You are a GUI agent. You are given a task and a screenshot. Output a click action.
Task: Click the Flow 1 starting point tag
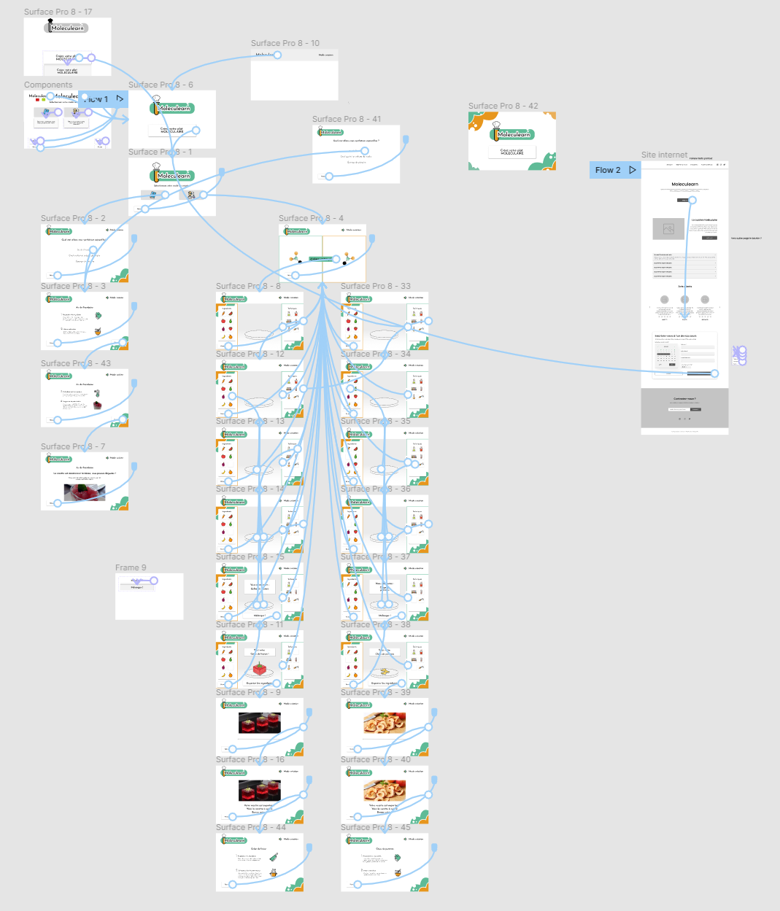(102, 99)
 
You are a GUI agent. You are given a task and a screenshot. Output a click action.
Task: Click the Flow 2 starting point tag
(614, 170)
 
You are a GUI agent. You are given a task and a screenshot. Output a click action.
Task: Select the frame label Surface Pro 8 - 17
(58, 12)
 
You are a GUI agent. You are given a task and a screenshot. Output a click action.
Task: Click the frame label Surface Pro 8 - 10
(285, 43)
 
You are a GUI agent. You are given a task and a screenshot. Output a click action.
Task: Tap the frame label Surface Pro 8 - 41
(347, 119)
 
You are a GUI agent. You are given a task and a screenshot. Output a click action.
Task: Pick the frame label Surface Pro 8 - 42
(503, 106)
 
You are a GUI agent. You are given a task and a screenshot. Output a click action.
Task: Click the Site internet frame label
(664, 155)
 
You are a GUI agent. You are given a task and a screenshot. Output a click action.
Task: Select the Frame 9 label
(131, 567)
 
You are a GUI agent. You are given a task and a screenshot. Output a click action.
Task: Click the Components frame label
(48, 85)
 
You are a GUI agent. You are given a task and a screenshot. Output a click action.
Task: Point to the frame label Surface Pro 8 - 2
(73, 218)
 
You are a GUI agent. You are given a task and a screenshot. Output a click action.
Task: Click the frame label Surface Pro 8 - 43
(76, 363)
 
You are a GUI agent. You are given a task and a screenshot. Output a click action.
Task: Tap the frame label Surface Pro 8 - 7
(73, 446)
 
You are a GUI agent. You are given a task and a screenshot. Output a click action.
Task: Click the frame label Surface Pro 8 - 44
(250, 827)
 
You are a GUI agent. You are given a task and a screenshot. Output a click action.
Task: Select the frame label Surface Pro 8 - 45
(375, 827)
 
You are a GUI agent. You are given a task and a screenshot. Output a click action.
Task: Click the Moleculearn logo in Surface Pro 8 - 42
(513, 134)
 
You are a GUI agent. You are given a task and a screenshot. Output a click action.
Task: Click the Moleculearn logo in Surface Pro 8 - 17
(66, 28)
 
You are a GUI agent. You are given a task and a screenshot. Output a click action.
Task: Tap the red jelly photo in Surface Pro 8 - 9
(259, 722)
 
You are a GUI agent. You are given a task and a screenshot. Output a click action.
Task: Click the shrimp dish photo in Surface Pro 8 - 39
(385, 723)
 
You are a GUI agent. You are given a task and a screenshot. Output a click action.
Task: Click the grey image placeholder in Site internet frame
(668, 229)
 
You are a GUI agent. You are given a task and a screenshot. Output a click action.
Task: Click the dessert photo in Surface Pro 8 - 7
(85, 492)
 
